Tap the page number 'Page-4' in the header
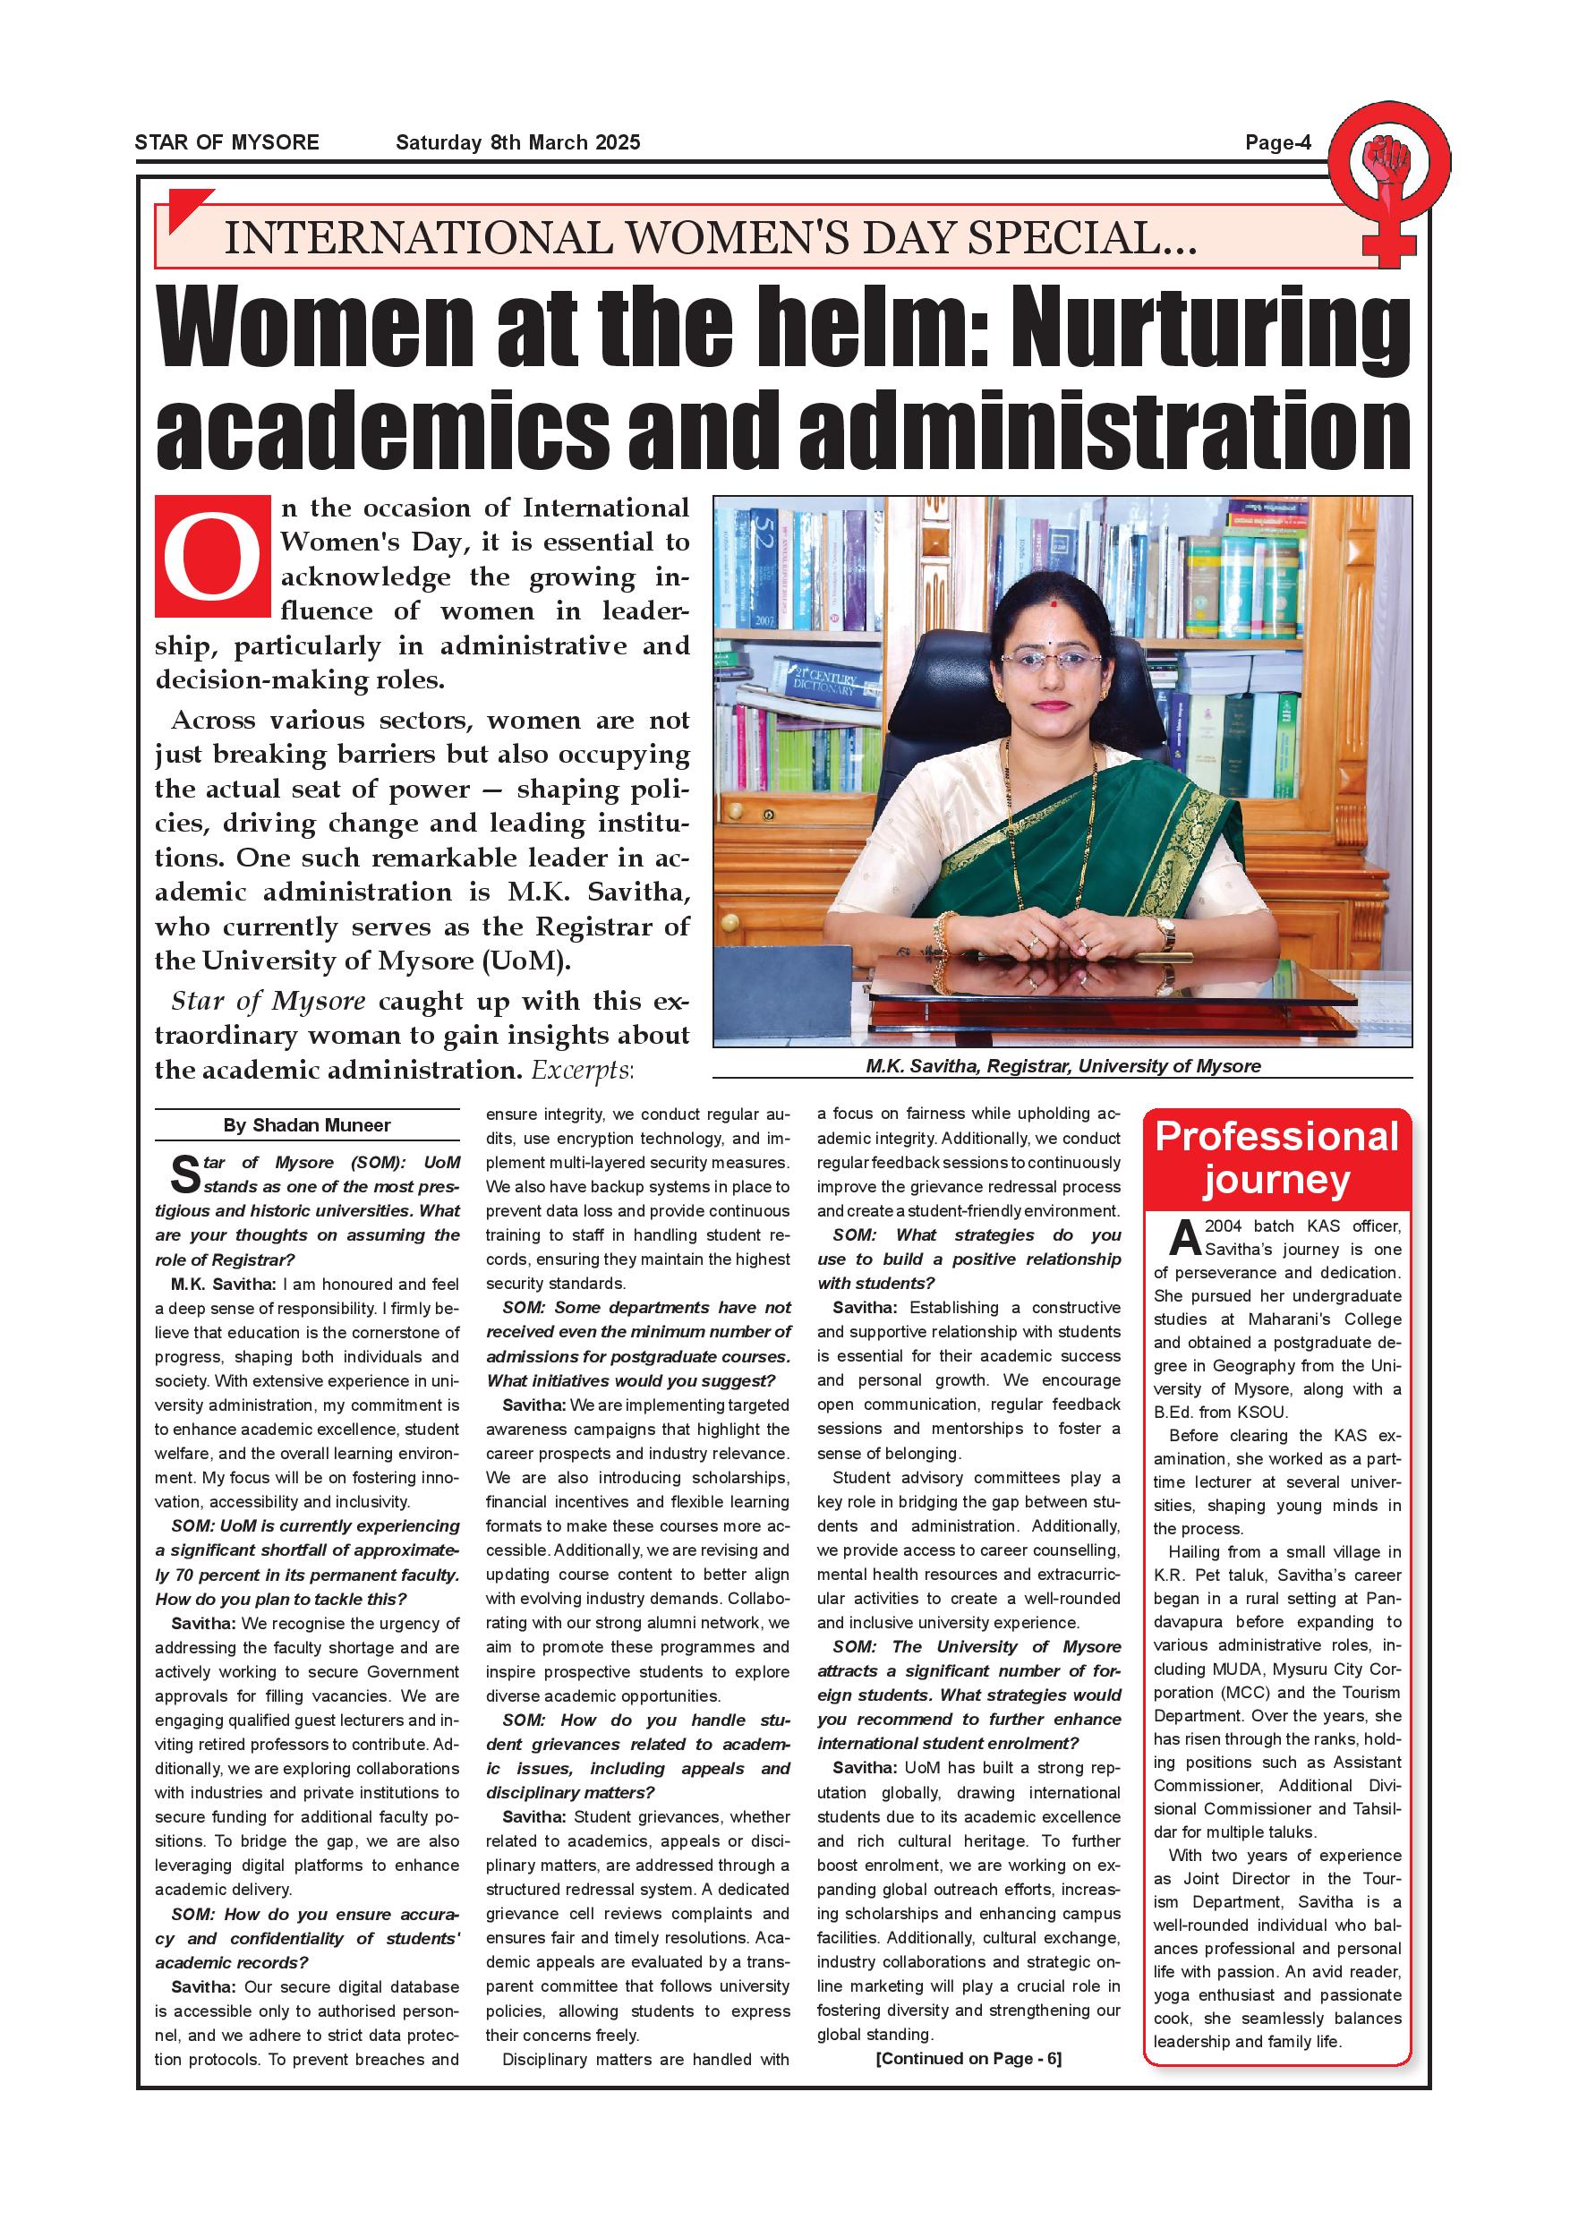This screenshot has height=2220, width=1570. [x=1277, y=143]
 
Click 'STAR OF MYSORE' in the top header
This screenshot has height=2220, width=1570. [x=226, y=143]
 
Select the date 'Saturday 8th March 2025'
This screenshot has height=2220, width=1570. [x=517, y=143]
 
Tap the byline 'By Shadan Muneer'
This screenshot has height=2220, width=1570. [x=306, y=1125]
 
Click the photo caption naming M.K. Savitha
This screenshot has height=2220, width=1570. [x=1062, y=1066]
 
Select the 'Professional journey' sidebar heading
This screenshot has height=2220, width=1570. [x=1276, y=1158]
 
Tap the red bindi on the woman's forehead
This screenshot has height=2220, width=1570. [x=1052, y=604]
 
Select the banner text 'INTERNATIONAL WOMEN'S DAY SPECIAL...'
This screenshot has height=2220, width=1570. [x=710, y=238]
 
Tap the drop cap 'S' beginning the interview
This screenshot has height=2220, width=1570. [x=184, y=1174]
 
